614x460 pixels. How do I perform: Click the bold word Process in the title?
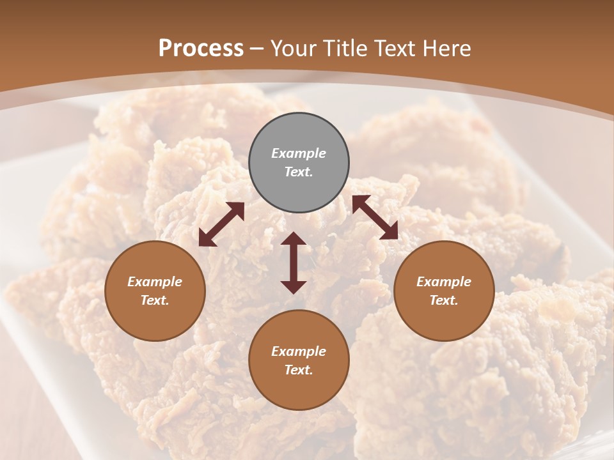click(201, 48)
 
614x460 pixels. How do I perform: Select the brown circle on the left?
click(155, 291)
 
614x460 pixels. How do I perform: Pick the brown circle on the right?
click(444, 291)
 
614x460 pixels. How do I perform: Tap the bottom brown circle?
click(299, 360)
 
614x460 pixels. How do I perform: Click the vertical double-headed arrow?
click(294, 263)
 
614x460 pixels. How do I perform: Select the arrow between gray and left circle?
click(221, 224)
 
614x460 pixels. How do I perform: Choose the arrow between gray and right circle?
click(375, 217)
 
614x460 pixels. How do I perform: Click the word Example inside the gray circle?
click(299, 153)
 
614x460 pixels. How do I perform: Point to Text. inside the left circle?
click(155, 300)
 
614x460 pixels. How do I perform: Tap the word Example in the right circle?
click(444, 282)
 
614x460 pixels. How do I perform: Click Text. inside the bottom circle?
click(299, 370)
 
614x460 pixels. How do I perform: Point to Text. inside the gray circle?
click(299, 172)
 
